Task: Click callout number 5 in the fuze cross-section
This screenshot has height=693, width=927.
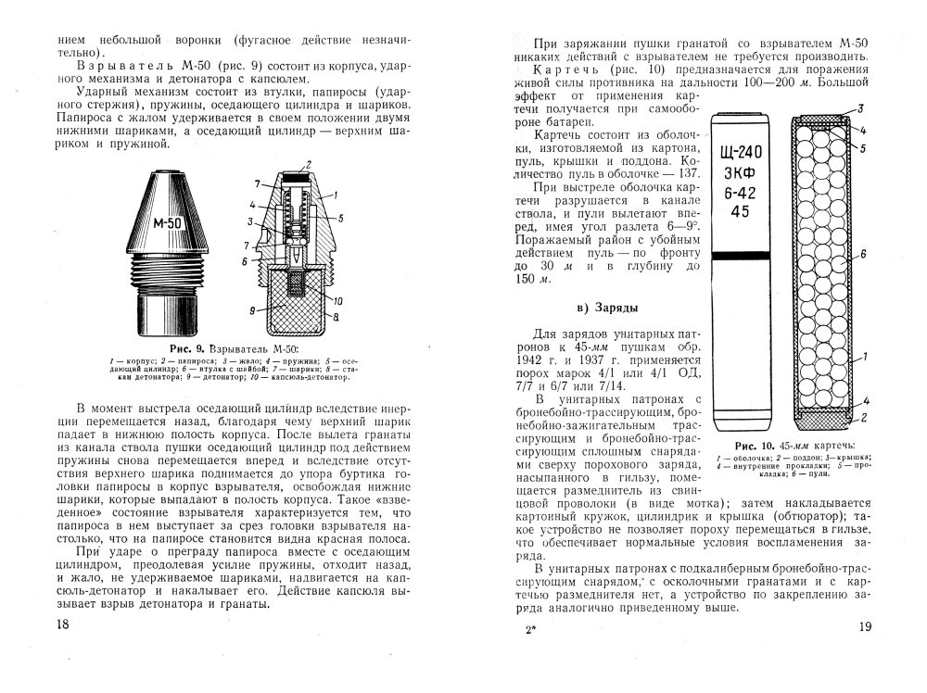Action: [x=340, y=219]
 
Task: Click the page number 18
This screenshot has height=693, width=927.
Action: [x=63, y=624]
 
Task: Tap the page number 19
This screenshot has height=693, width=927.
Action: [x=864, y=626]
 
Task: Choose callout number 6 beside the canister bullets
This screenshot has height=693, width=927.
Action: [x=864, y=253]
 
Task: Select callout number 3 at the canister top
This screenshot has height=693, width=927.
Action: [x=862, y=108]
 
